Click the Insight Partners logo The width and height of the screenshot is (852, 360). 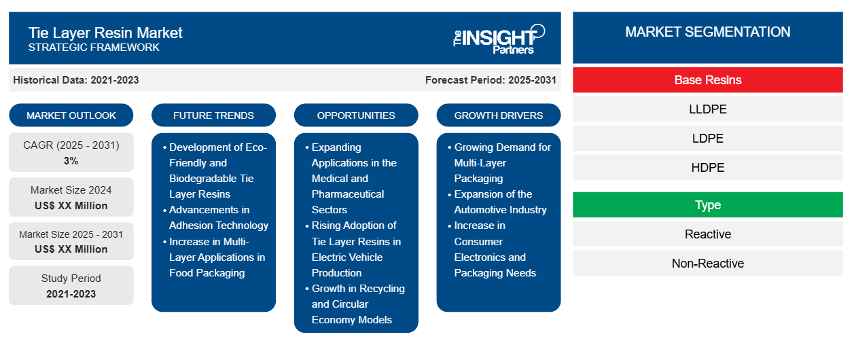point(499,39)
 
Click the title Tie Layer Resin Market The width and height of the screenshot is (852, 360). point(105,33)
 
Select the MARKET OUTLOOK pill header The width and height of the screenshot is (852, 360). point(71,115)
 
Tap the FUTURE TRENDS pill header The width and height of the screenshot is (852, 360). point(213,115)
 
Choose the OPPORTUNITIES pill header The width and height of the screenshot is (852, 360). point(356,115)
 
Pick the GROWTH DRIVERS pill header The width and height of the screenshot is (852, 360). point(498,115)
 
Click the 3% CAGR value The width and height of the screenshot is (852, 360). point(71,161)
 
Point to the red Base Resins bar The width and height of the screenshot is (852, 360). point(707,80)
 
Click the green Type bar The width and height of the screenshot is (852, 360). point(707,205)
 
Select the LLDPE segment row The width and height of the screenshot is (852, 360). point(707,109)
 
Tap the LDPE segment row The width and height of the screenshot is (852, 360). point(707,139)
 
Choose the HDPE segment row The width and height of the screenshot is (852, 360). point(707,167)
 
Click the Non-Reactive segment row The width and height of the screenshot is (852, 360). point(707,263)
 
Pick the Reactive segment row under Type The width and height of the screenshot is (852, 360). point(707,234)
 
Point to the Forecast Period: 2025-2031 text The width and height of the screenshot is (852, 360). point(491,80)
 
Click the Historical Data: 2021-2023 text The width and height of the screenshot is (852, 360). point(76,80)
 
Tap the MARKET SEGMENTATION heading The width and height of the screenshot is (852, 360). point(707,32)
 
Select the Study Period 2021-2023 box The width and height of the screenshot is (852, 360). point(71,285)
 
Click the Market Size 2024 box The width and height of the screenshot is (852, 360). point(71,197)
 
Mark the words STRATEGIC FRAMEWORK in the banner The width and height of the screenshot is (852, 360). point(94,48)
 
